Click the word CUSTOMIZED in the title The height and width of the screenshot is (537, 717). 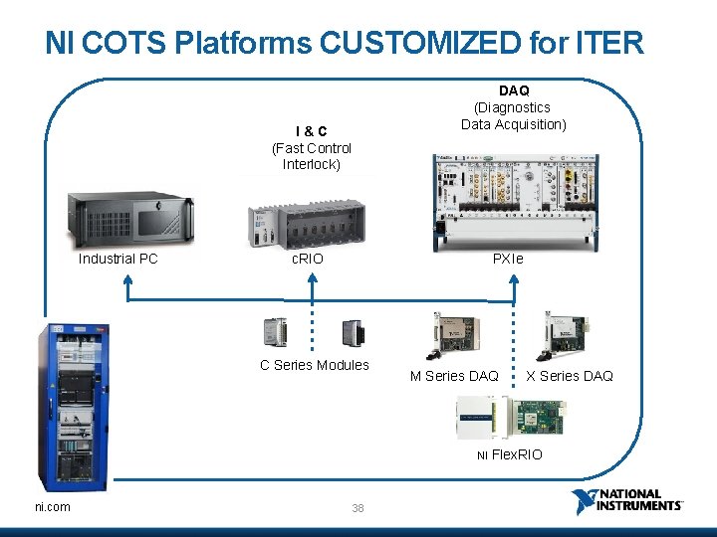[419, 42]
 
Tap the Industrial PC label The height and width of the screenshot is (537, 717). [119, 259]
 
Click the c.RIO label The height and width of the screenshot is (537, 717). [307, 259]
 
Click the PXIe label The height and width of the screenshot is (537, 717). [508, 259]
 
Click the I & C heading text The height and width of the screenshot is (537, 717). [311, 131]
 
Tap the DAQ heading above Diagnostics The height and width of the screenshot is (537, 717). [514, 90]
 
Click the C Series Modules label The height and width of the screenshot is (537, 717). [315, 365]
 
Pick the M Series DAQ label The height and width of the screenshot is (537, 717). [455, 375]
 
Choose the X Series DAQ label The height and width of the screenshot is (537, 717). [570, 375]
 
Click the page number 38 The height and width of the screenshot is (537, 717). [358, 508]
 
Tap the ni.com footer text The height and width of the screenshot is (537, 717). [53, 507]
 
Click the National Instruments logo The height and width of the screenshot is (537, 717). [628, 501]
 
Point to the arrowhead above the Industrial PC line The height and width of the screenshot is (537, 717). [128, 280]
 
